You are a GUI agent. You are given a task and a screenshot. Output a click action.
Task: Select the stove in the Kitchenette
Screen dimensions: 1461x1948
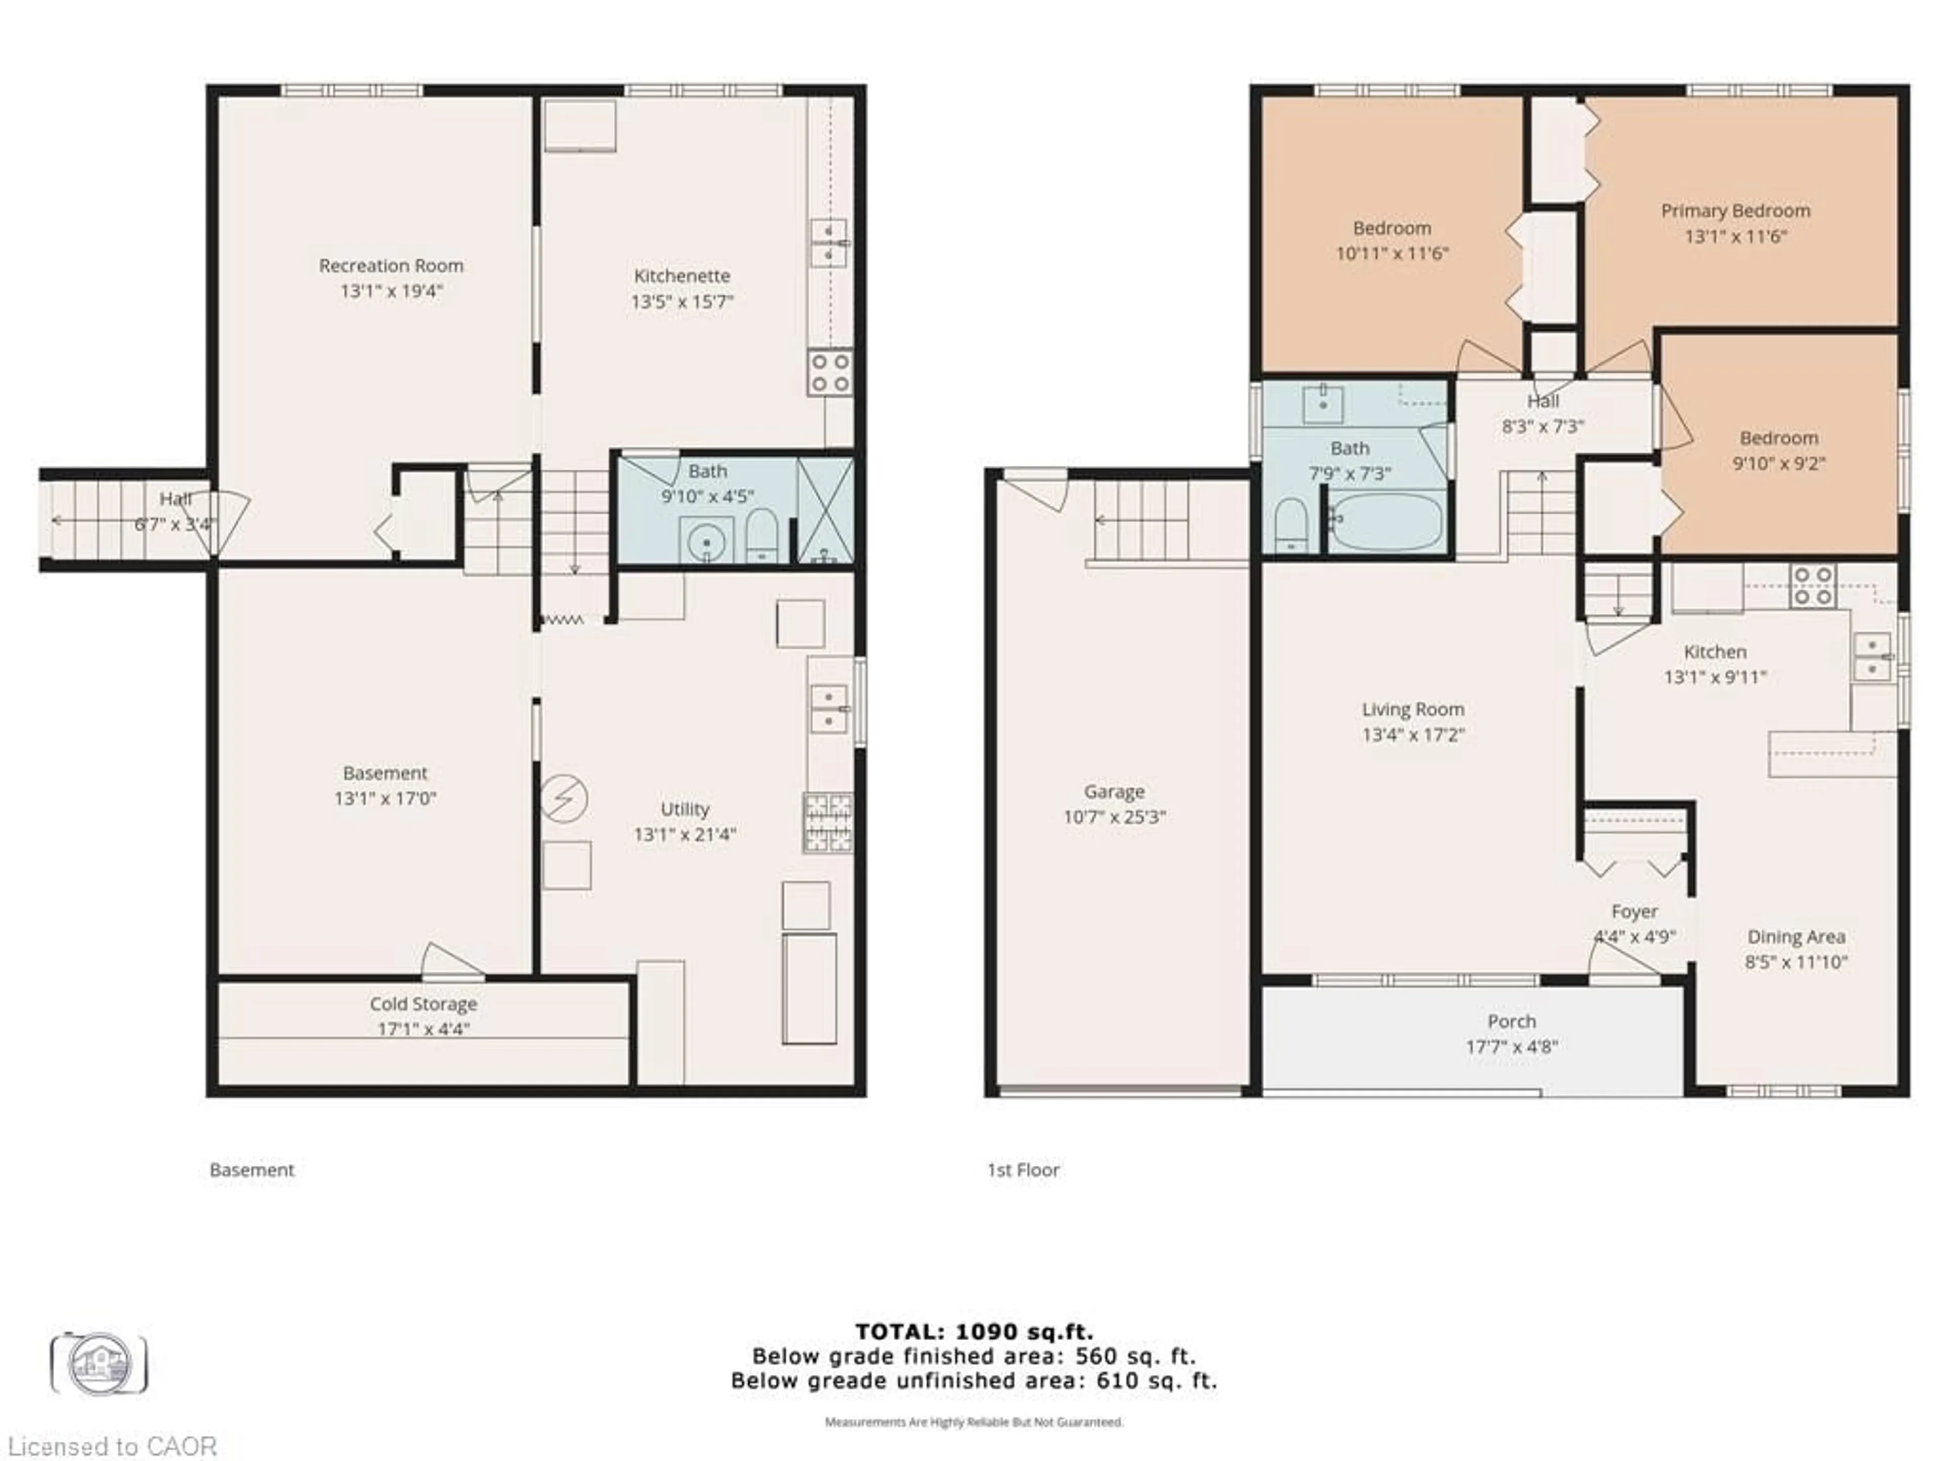pos(829,372)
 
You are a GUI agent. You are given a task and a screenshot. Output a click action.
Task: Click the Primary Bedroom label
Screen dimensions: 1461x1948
pos(1735,211)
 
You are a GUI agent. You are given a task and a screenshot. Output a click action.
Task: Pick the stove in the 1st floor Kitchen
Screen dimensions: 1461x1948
pos(1813,586)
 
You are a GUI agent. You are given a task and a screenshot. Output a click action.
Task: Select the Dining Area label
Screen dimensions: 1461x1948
pos(1796,937)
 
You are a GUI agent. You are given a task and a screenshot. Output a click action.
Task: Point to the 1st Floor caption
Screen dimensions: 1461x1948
pos(1022,1169)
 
